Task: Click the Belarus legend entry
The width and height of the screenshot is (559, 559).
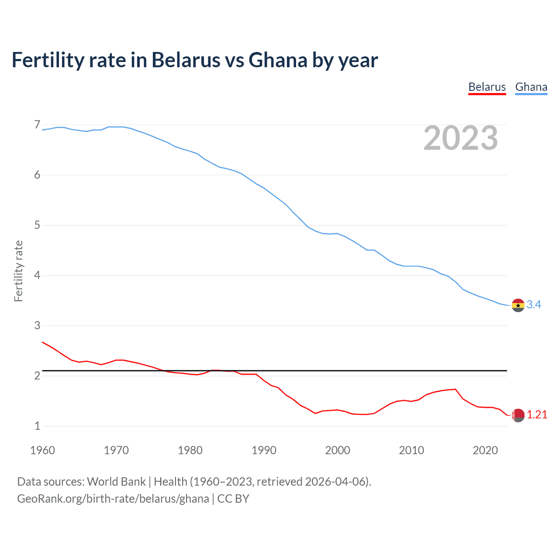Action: point(487,87)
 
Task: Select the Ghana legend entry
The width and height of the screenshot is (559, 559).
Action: point(531,87)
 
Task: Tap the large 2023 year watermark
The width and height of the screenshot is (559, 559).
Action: point(460,138)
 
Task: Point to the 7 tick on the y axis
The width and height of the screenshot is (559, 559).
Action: point(37,125)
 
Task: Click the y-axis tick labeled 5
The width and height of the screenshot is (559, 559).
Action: point(37,225)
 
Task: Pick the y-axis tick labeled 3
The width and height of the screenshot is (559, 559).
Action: point(37,325)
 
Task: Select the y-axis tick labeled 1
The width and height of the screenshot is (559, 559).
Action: point(37,426)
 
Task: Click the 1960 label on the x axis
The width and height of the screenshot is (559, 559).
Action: point(42,450)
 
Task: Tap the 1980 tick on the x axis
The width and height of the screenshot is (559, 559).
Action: point(190,450)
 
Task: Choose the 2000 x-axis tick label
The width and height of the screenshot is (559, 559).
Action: point(338,450)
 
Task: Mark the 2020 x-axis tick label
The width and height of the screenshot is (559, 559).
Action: point(485,450)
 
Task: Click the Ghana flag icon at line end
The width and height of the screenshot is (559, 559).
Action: point(518,305)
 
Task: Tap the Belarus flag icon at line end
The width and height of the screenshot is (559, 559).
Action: point(518,415)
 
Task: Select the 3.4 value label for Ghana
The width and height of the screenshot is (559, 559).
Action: point(534,305)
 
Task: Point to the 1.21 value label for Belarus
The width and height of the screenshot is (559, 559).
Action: point(537,415)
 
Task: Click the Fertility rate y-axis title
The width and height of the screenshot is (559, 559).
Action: point(18,271)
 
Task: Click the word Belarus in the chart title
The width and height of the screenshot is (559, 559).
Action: point(186,60)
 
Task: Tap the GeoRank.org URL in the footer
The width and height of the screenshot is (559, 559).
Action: point(113,499)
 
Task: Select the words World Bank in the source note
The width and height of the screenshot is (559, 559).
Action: point(116,482)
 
